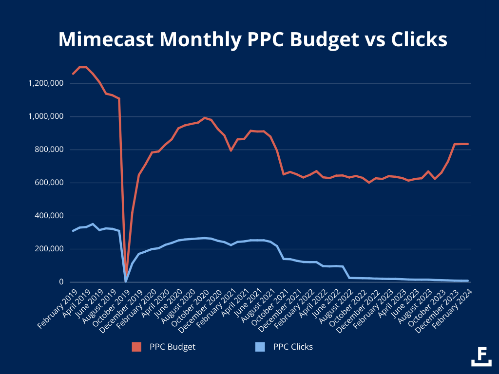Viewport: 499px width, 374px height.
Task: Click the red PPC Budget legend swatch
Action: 136,347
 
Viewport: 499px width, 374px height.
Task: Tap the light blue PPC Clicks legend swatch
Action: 260,347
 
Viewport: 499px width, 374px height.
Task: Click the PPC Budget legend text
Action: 173,347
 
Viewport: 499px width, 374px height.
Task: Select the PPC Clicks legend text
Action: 293,347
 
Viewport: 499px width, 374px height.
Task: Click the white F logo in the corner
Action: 481,355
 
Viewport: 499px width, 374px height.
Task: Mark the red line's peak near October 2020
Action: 205,118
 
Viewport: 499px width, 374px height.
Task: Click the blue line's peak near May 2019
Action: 93,224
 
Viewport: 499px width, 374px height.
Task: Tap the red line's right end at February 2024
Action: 468,144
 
